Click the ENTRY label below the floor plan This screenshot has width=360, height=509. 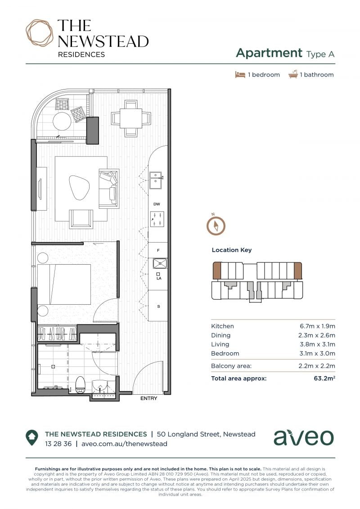coord(148,398)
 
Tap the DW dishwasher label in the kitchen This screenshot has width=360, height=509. coord(157,204)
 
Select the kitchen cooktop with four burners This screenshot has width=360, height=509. coord(157,219)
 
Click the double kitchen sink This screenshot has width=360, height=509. coord(156,180)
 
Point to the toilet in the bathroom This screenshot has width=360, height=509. coord(80,384)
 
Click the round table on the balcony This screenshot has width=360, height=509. coord(62,122)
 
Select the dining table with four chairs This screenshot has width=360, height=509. coord(131,118)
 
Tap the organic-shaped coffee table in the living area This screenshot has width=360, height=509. coord(80,188)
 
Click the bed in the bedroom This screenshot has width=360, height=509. coord(64,284)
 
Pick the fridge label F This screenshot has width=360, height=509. coord(158,250)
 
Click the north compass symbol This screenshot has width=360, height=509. coord(216,225)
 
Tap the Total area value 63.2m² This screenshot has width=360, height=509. coord(324,378)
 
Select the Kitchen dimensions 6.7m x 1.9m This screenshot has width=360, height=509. coord(317,326)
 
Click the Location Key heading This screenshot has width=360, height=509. coord(232,250)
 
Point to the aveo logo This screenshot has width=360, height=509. coord(303,437)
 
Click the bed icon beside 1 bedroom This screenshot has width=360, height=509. coord(240,75)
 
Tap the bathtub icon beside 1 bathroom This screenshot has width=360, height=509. coord(293,74)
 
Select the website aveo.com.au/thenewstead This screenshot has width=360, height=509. coord(124,444)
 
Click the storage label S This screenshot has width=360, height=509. coord(158,306)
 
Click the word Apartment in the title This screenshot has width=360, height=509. coord(270,53)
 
